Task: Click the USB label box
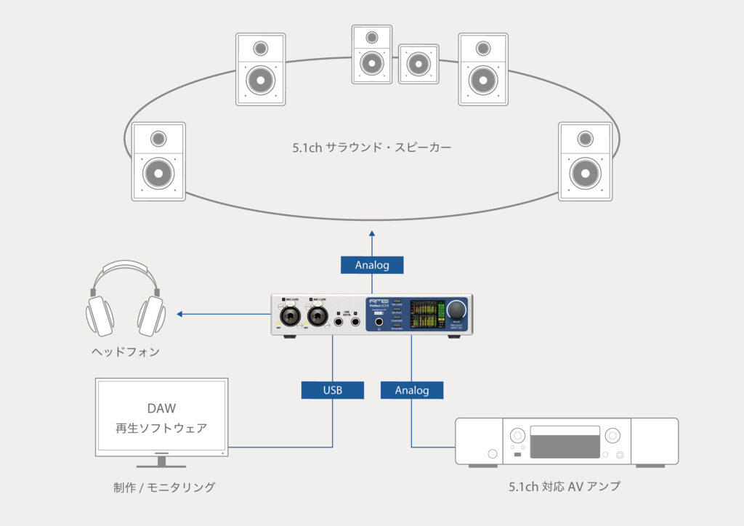(333, 390)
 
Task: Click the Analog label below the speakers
(372, 265)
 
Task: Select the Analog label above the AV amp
(412, 390)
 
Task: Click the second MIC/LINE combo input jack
(318, 317)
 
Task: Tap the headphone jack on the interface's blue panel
(379, 320)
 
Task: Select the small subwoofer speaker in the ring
(418, 63)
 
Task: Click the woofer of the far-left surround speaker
(158, 173)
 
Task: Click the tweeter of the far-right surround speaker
(585, 138)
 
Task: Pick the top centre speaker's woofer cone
(371, 64)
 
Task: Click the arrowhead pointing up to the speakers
(372, 234)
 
